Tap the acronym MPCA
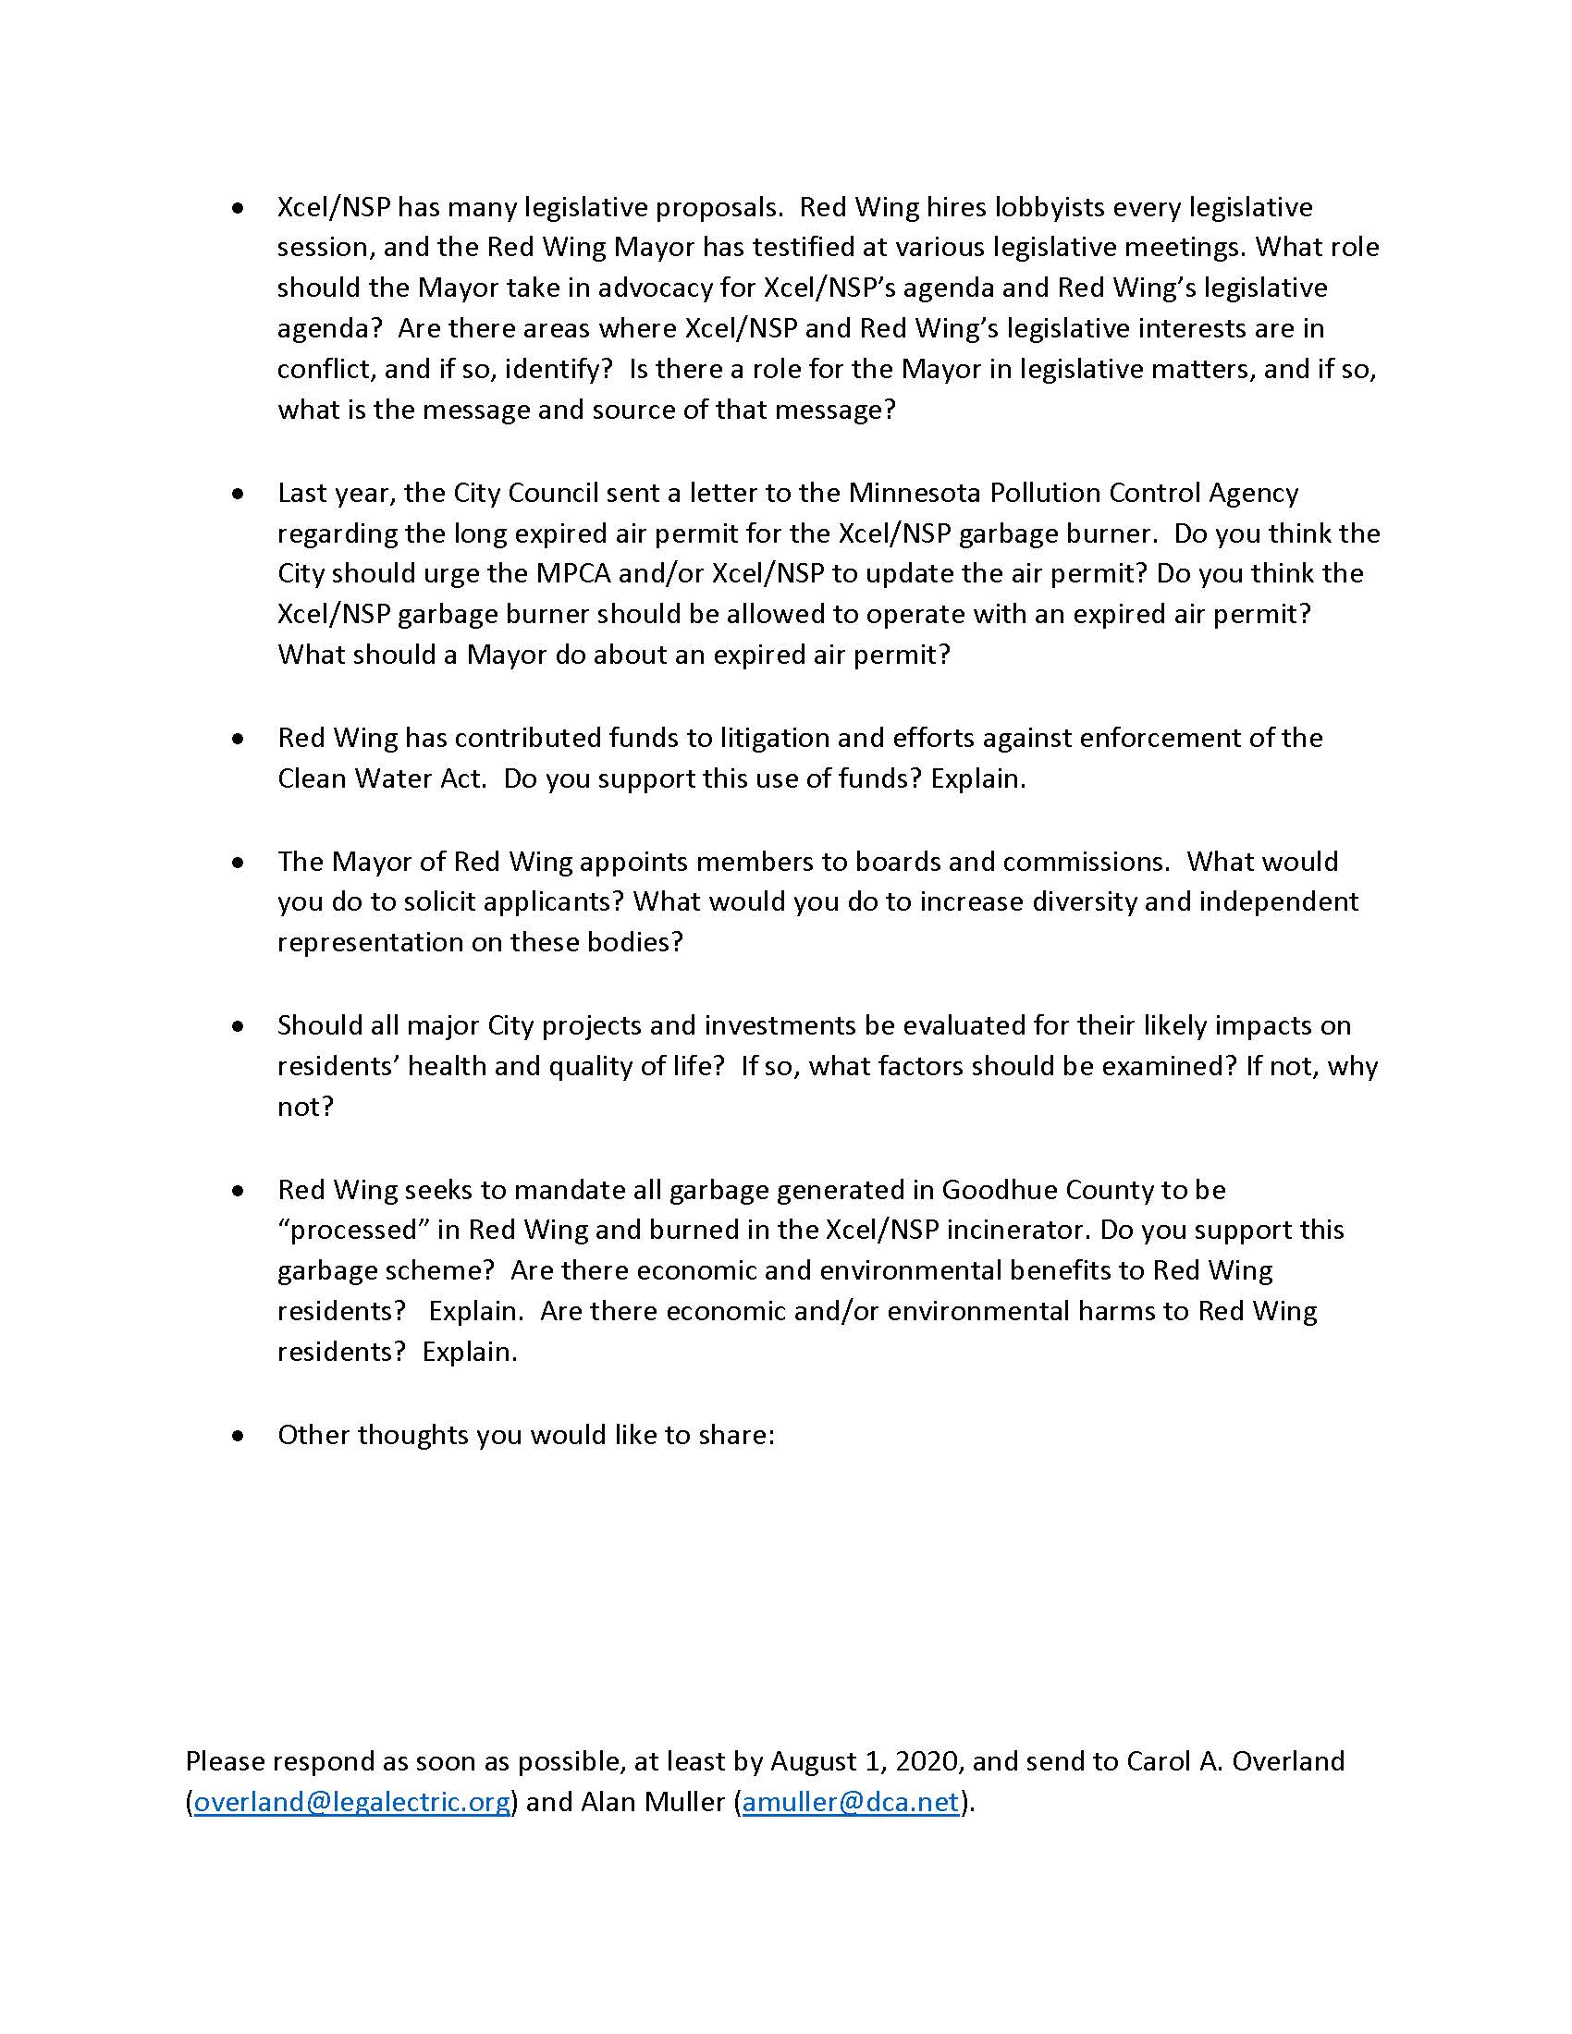[x=572, y=574]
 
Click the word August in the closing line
[x=814, y=1761]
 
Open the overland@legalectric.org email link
[x=352, y=1802]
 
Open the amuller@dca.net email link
[x=850, y=1802]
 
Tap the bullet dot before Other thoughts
[x=239, y=1436]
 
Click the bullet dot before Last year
[x=239, y=494]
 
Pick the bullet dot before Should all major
[x=239, y=1026]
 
